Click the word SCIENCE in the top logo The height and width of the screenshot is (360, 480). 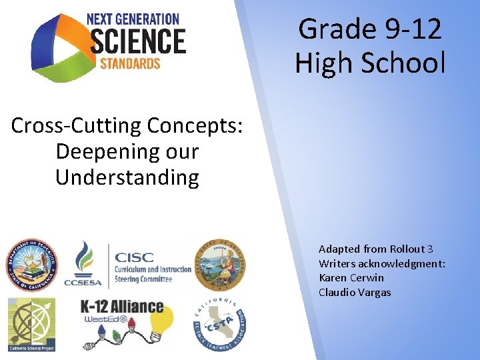(137, 41)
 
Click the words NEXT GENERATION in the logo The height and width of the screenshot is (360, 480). (133, 19)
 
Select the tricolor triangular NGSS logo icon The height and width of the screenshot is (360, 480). (57, 47)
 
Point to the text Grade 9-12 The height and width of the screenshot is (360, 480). (369, 29)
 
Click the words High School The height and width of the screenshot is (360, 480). (369, 63)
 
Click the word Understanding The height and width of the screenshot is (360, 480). (127, 177)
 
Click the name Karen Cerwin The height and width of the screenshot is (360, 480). (351, 277)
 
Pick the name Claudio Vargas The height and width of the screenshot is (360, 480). (354, 292)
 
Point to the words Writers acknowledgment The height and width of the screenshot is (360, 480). (382, 263)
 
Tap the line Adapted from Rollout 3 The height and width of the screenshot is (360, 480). (375, 249)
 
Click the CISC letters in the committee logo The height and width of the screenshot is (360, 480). (134, 257)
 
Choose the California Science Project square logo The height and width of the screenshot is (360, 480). (31, 324)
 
